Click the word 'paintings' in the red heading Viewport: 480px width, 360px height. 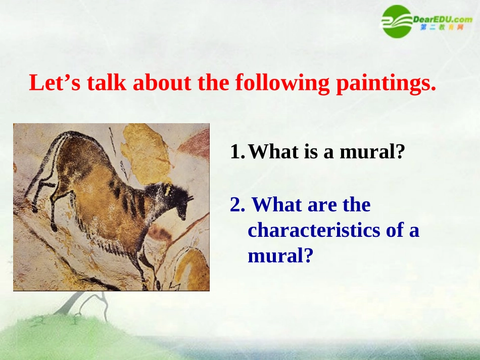point(386,83)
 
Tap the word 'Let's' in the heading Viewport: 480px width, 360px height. point(55,82)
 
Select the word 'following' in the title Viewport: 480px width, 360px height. point(282,83)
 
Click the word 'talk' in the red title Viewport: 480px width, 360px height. point(107,82)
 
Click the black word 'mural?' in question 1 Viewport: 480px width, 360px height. point(372,151)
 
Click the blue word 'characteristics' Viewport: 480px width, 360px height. point(314,230)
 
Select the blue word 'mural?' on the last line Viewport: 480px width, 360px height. point(280,255)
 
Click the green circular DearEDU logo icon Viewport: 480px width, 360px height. point(397,21)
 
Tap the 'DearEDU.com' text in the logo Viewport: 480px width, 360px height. point(442,19)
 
